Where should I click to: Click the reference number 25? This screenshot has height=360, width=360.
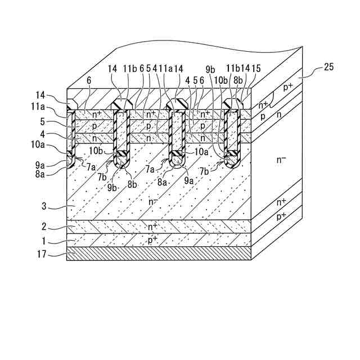point(329,67)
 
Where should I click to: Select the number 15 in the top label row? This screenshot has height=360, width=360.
point(256,68)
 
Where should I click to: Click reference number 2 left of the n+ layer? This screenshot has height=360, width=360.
point(52,227)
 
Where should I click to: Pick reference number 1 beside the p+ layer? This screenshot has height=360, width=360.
point(52,242)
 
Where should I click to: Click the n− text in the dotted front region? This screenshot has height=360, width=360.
point(152,201)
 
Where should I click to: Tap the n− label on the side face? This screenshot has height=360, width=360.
point(282,160)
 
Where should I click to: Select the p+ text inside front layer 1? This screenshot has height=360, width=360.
point(152,241)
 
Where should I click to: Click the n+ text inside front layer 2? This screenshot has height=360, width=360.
point(152,227)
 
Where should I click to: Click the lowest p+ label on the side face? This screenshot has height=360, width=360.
point(281,217)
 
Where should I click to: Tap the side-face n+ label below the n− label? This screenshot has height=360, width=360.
point(281,202)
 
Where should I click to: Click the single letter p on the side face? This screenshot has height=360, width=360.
point(262,116)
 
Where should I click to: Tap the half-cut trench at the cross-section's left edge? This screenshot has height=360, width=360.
point(70,135)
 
